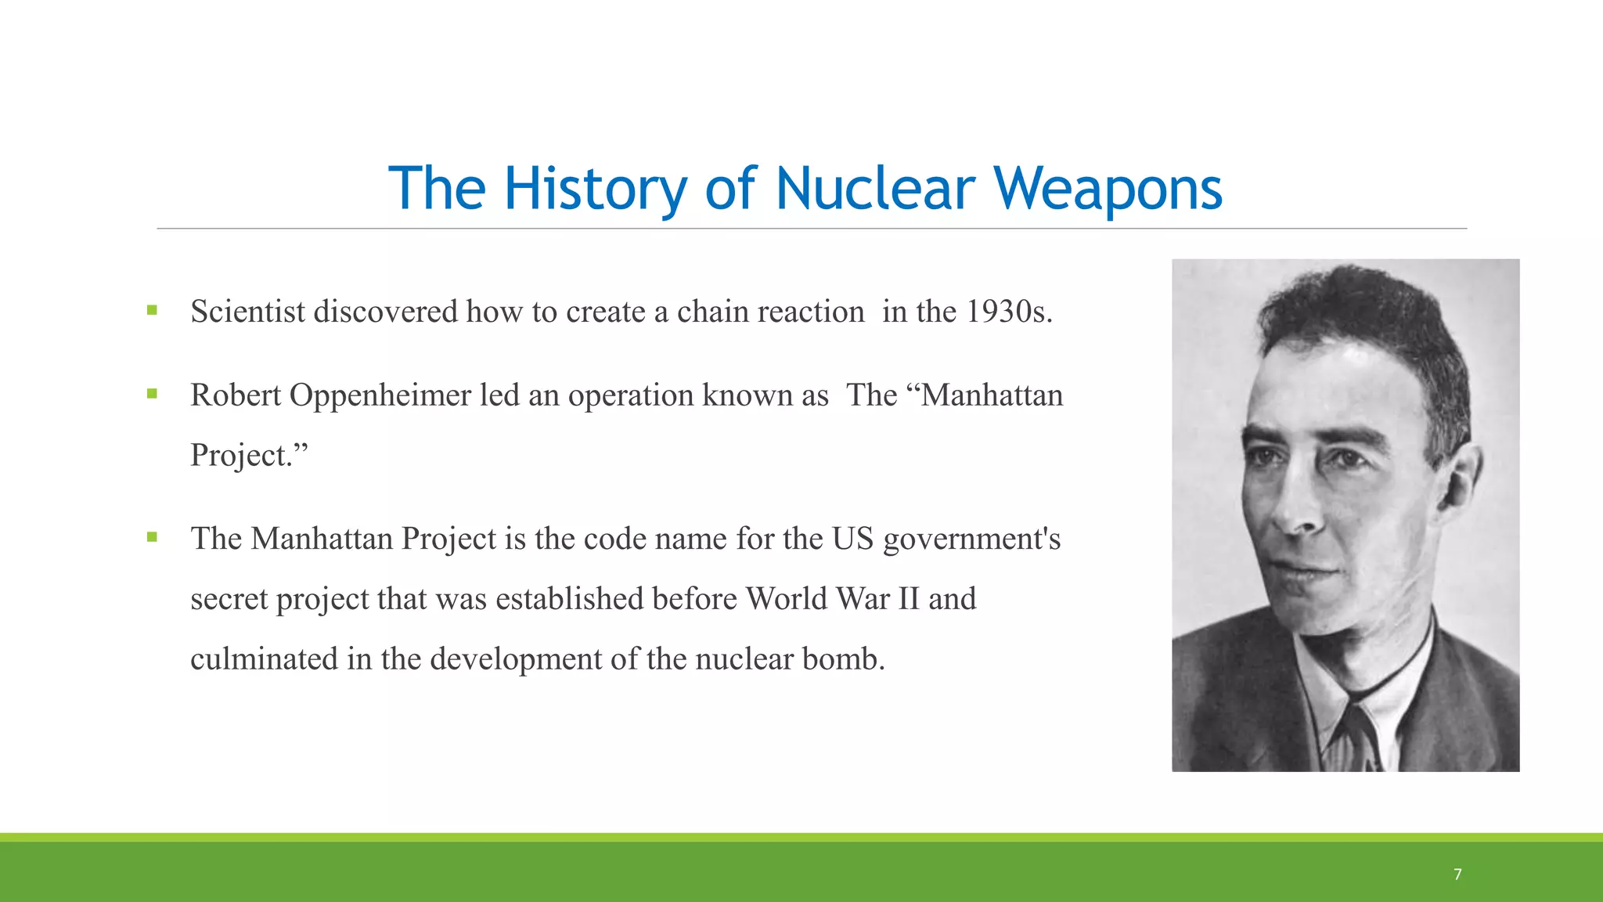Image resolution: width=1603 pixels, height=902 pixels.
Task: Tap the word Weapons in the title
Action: (1108, 189)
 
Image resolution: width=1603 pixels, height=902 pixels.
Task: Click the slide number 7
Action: (1457, 874)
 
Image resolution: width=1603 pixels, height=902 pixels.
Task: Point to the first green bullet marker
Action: (152, 310)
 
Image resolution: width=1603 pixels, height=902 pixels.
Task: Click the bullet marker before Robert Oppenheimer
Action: (152, 394)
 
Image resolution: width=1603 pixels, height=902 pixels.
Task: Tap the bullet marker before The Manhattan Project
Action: (152, 537)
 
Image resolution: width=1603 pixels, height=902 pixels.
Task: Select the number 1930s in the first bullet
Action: (1008, 312)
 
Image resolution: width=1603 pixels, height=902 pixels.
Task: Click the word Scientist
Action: (247, 312)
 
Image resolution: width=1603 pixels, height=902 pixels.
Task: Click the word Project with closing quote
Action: (249, 456)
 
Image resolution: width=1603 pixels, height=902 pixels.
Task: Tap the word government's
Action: (971, 539)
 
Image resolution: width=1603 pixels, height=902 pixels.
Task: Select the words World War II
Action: (832, 599)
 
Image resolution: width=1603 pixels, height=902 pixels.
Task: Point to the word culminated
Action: (264, 659)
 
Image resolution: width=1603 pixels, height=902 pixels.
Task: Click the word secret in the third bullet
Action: (229, 599)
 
